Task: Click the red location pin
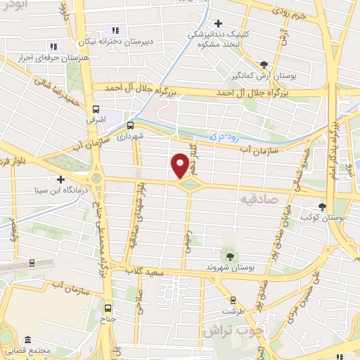click(180, 165)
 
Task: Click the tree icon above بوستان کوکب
click(322, 207)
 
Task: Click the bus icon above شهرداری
click(130, 125)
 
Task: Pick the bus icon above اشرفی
click(96, 108)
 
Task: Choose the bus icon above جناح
click(108, 307)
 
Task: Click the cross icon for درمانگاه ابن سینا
click(61, 179)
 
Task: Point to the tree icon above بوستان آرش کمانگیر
click(264, 63)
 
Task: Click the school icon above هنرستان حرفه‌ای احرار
click(53, 46)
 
